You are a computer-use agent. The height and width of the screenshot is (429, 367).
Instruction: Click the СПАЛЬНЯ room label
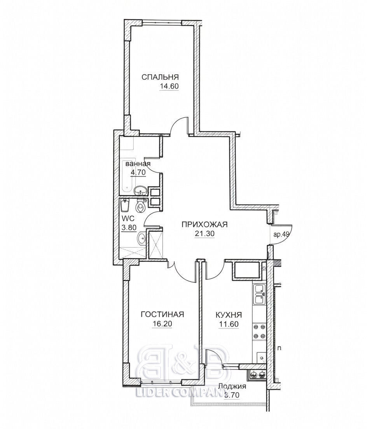pyautogui.click(x=160, y=77)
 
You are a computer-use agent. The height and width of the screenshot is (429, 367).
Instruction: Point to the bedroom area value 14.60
pyautogui.click(x=169, y=86)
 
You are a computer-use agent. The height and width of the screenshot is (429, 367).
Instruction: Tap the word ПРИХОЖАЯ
pyautogui.click(x=205, y=225)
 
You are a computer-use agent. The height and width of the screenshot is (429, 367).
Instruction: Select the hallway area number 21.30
pyautogui.click(x=204, y=234)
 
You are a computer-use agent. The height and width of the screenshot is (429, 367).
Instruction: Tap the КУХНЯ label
pyautogui.click(x=229, y=315)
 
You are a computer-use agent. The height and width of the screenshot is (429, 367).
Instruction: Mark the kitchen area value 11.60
pyautogui.click(x=229, y=324)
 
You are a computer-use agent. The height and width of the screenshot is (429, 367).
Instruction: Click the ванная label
pyautogui.click(x=138, y=164)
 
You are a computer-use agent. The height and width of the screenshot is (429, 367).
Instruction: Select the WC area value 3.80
pyautogui.click(x=129, y=228)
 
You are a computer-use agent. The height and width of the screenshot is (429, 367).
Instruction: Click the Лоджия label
pyautogui.click(x=232, y=387)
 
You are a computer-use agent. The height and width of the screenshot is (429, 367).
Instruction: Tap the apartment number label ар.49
pyautogui.click(x=281, y=234)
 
